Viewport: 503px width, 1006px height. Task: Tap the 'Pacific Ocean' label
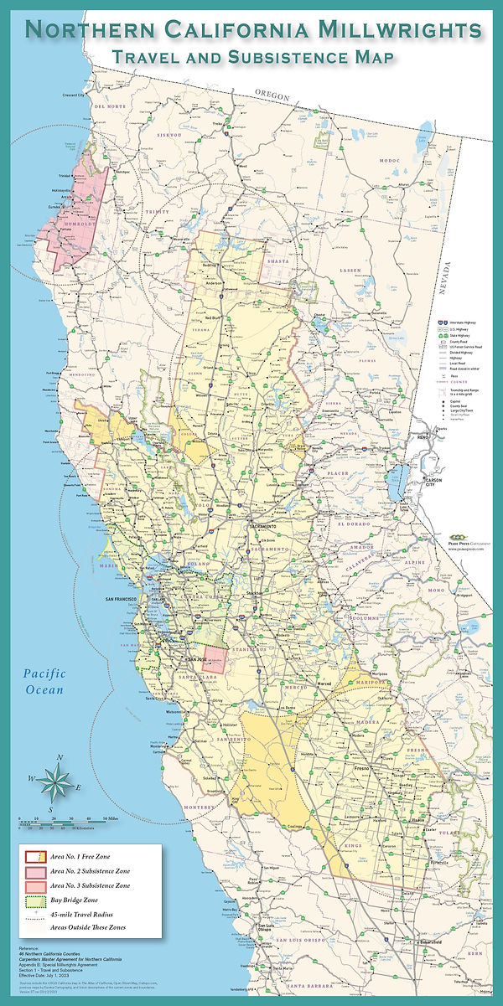tap(44, 681)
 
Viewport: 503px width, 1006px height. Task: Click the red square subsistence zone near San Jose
tap(215, 658)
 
